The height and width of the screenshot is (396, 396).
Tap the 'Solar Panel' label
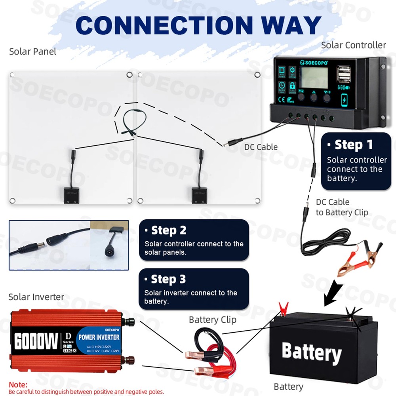tap(32, 51)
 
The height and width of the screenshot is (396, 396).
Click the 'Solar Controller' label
tap(353, 45)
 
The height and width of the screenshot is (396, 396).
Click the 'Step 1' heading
tap(353, 145)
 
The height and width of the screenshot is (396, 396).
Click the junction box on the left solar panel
tap(71, 196)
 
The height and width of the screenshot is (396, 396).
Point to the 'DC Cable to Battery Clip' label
tap(341, 207)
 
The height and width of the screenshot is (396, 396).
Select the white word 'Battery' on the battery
tap(311, 352)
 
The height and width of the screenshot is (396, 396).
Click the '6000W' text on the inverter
tap(36, 341)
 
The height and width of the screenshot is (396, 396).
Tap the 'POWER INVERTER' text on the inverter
tap(99, 337)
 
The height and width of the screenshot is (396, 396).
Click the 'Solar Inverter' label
tap(36, 297)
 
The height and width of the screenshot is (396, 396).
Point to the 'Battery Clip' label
tap(212, 320)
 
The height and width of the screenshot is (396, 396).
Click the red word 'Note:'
tap(18, 385)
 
